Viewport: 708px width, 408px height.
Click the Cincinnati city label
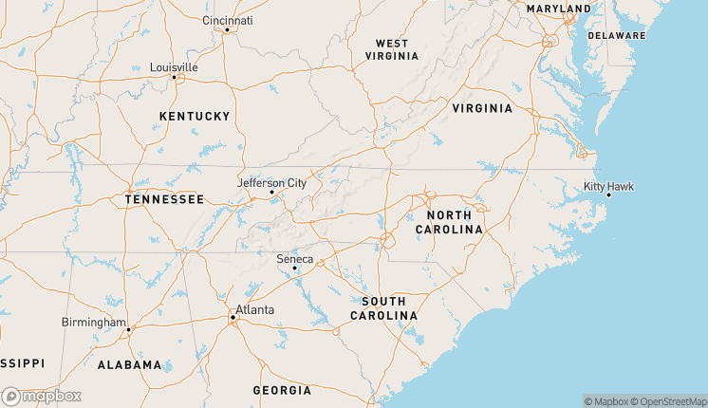click(x=228, y=20)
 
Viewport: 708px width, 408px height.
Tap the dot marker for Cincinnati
click(x=227, y=30)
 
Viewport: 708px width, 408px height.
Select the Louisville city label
click(x=174, y=67)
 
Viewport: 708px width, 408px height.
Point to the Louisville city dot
click(x=175, y=77)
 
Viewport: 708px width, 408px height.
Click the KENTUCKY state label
click(x=195, y=116)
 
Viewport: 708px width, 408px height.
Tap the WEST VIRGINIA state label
click(x=392, y=49)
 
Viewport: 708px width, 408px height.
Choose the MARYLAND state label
click(x=558, y=9)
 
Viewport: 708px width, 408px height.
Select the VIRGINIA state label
click(x=482, y=108)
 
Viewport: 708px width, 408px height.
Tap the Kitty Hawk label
click(x=608, y=186)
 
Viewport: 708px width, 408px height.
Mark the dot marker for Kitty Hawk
click(x=608, y=195)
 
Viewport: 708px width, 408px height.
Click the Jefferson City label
click(x=271, y=182)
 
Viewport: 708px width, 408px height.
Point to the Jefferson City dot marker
click(x=271, y=193)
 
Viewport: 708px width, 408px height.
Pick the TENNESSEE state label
click(x=164, y=199)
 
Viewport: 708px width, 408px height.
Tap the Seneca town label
click(x=294, y=258)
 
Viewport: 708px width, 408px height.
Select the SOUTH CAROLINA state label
click(x=383, y=307)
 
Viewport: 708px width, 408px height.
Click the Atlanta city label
click(x=254, y=309)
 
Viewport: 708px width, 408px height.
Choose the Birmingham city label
click(x=93, y=322)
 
